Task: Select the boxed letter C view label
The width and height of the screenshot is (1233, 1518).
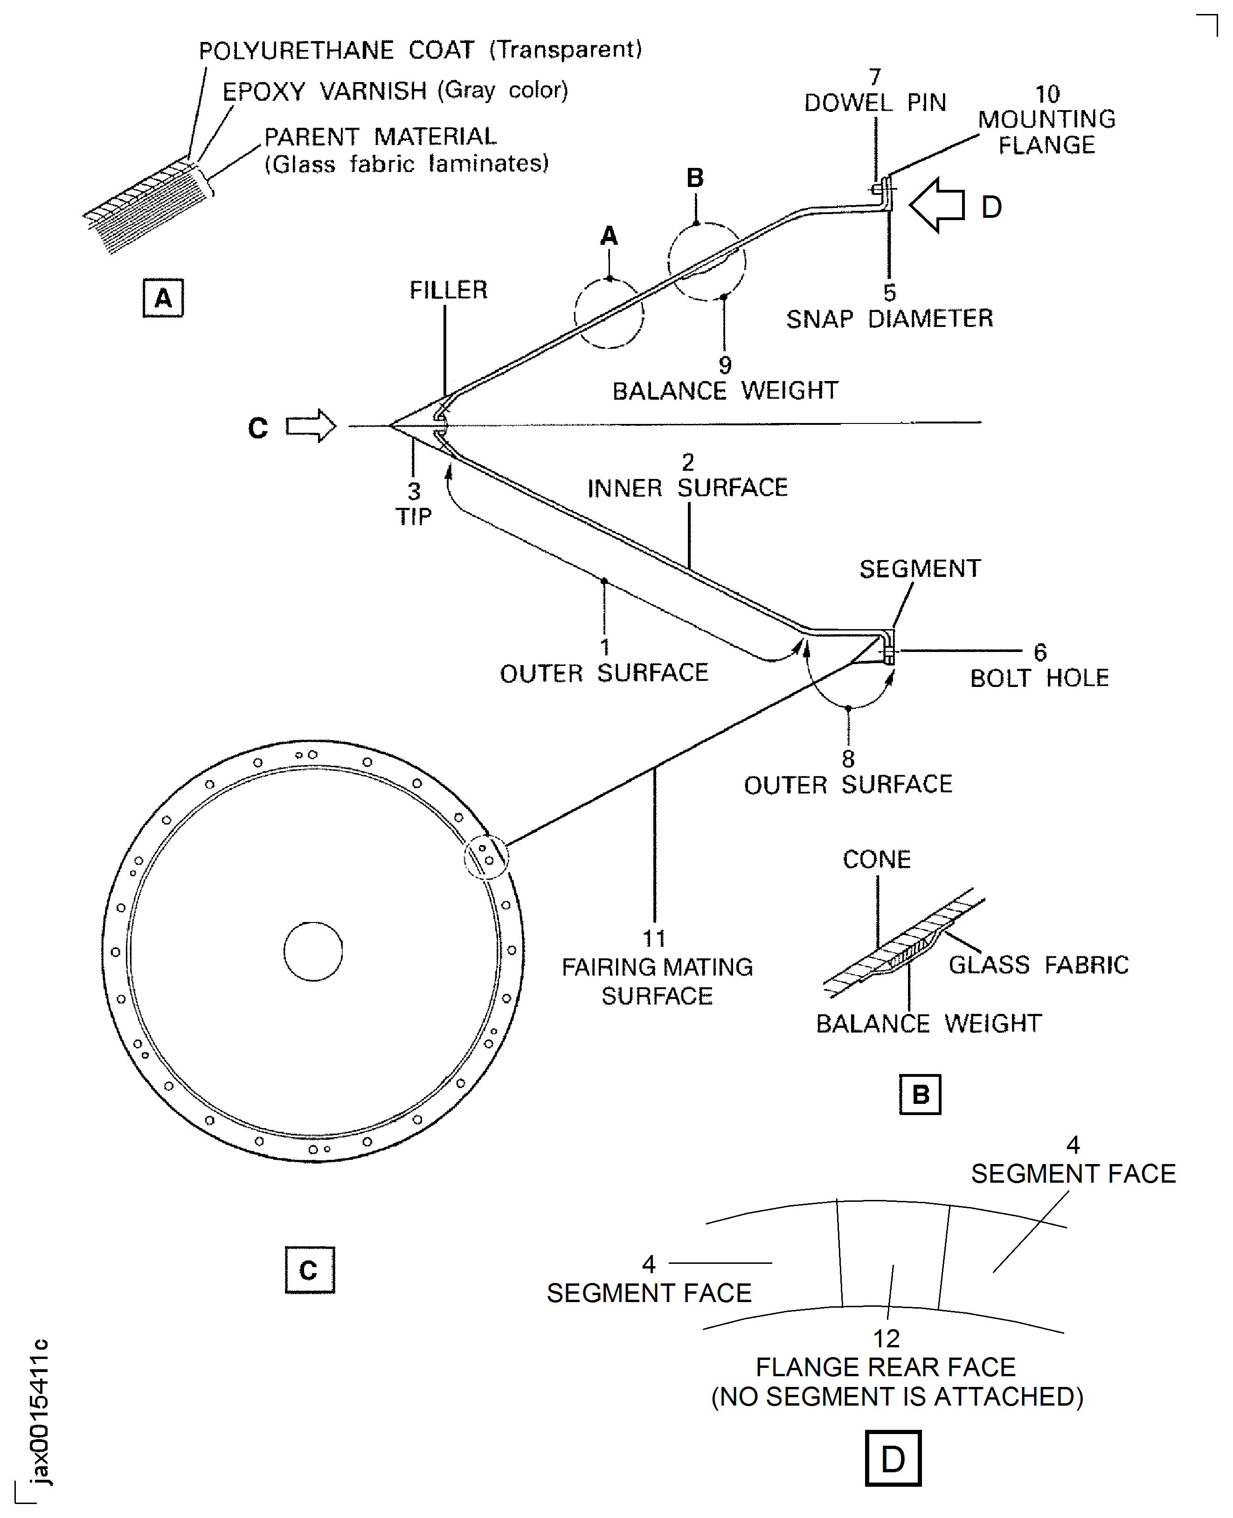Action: point(309,1269)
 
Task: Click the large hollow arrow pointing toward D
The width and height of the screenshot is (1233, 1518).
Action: point(937,205)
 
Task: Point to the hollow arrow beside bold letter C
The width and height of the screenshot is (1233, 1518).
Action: point(311,426)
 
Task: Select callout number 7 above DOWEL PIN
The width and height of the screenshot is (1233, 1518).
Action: point(875,76)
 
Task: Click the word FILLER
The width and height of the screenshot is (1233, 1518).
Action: point(448,290)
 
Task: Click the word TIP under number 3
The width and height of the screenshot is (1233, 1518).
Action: point(413,516)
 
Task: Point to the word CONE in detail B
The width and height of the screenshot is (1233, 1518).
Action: point(876,860)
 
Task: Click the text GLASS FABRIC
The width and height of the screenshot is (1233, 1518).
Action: point(1039,964)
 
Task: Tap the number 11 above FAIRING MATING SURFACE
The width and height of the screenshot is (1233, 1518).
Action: point(654,938)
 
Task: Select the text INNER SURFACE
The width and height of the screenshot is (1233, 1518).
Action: point(687,488)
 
